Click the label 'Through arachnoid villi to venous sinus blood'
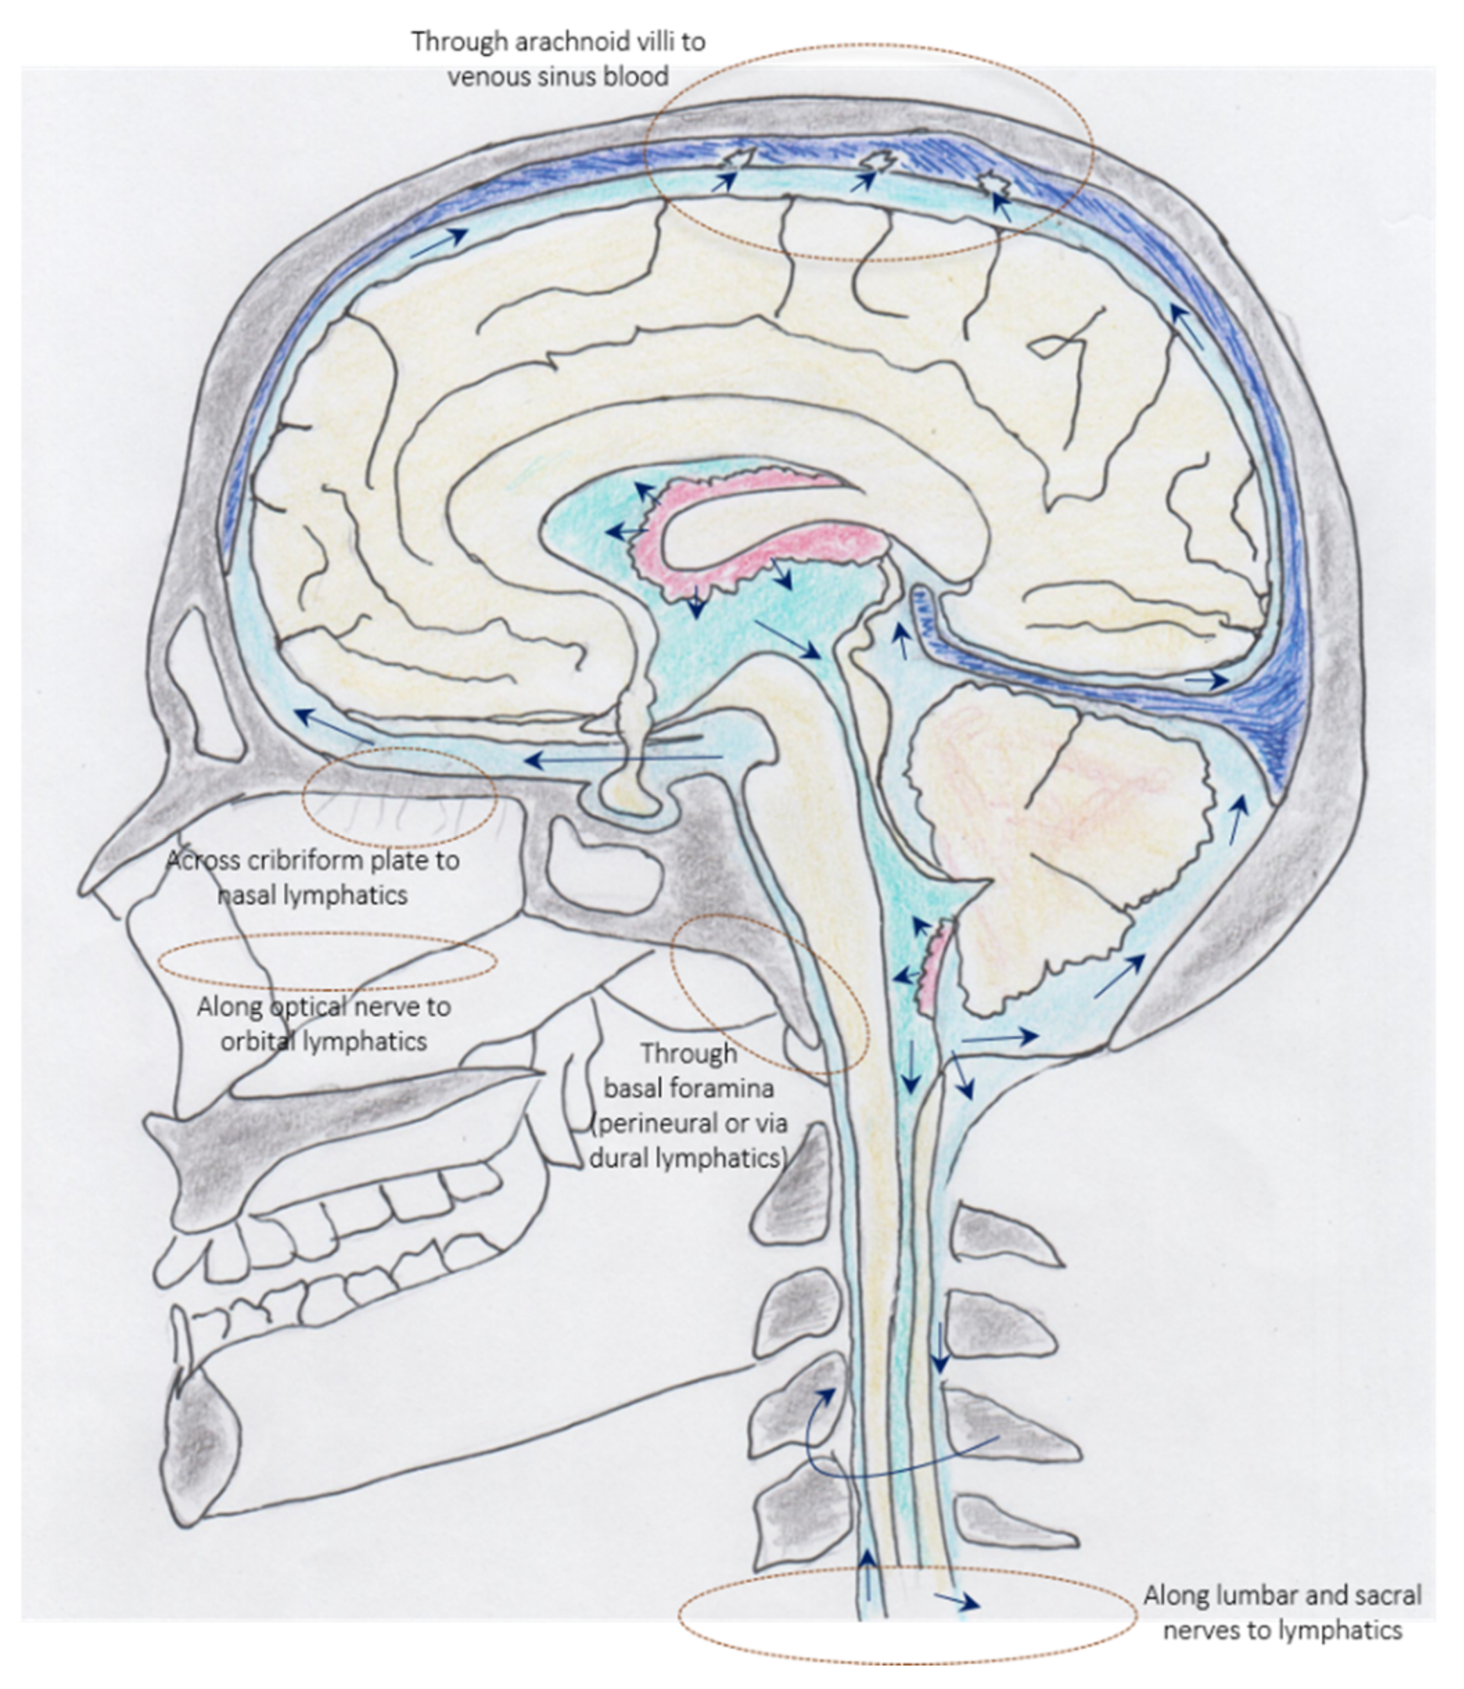[x=558, y=59]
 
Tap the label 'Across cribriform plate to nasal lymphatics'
[x=313, y=877]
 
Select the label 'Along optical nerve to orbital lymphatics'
[x=324, y=1024]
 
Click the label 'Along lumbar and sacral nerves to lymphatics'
[x=1282, y=1612]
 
